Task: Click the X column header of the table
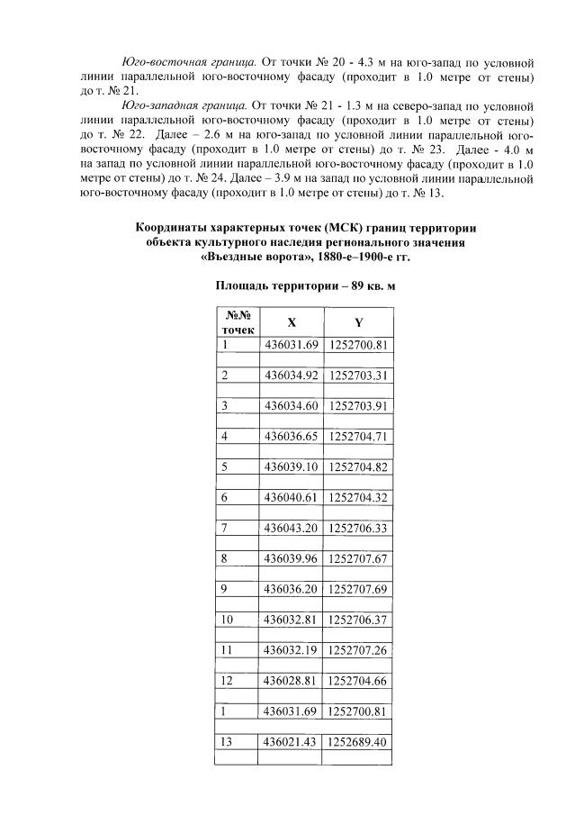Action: tap(291, 321)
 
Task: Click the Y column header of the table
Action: tap(359, 321)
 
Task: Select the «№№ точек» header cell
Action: tap(238, 322)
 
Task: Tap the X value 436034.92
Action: tap(291, 375)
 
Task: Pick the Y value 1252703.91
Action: tap(358, 405)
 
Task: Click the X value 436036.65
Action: tap(291, 436)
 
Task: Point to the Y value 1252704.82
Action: tap(358, 466)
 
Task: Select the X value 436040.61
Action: tap(291, 497)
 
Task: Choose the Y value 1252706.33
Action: tap(358, 528)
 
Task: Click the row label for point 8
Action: tap(225, 558)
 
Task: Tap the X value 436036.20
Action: tap(291, 589)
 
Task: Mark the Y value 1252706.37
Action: tap(358, 620)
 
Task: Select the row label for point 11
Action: tap(228, 650)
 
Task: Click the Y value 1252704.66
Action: tap(358, 681)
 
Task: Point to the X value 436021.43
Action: tap(291, 742)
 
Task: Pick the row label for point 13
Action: tap(228, 742)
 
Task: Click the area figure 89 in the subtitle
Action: tap(352, 286)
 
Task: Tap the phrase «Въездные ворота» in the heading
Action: tap(255, 256)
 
